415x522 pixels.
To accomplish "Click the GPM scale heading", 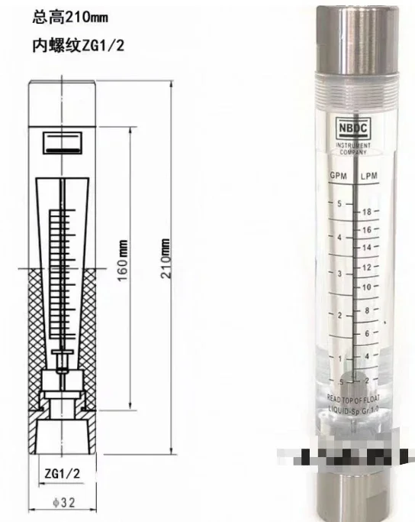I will tap(338, 177).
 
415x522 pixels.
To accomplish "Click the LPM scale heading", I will tap(370, 177).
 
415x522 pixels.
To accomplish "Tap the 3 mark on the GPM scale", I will tap(339, 273).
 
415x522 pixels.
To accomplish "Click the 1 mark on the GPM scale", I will tap(339, 358).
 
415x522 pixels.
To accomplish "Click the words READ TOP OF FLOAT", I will tap(354, 398).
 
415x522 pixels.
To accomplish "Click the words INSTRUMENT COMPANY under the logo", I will tap(352, 148).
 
